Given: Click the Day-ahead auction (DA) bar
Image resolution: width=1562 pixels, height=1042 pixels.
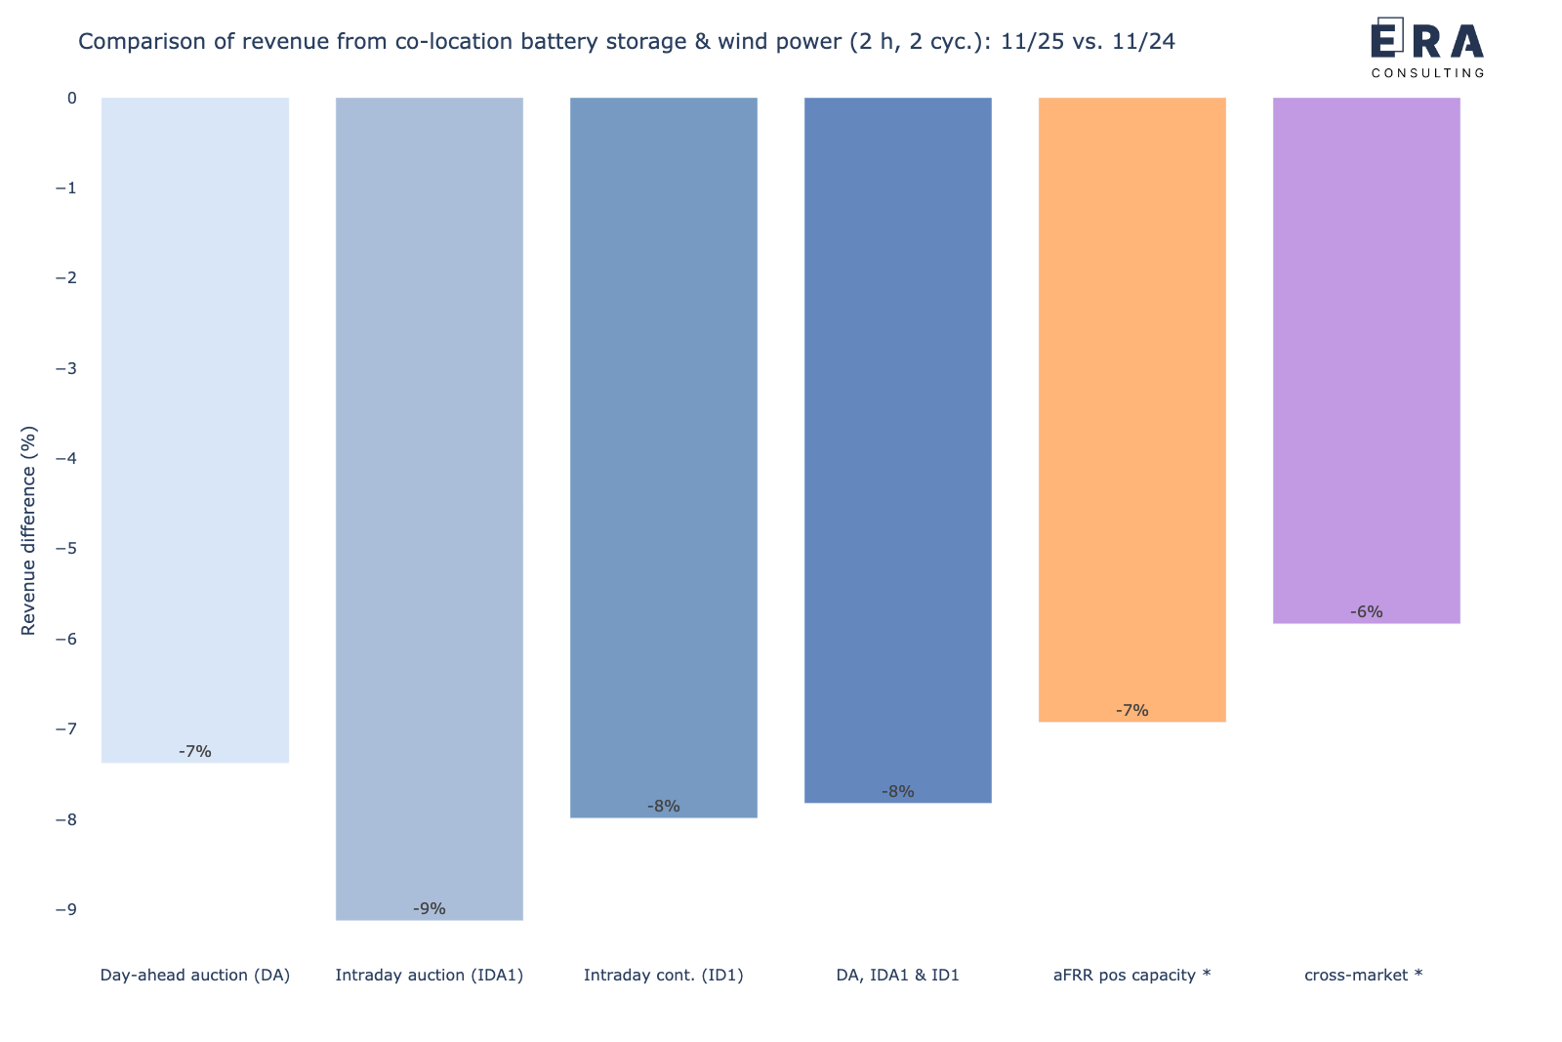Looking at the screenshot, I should click(x=195, y=430).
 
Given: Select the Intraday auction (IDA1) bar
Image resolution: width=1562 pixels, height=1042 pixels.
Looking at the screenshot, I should click(x=430, y=508).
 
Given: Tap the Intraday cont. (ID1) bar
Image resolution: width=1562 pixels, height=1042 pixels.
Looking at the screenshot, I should click(x=664, y=457).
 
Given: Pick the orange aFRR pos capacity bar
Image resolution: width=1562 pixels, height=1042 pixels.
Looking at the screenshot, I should click(x=1132, y=410).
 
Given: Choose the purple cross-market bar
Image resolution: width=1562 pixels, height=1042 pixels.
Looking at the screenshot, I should click(x=1367, y=359).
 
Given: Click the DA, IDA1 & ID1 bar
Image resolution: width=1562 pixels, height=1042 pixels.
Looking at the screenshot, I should click(x=898, y=449).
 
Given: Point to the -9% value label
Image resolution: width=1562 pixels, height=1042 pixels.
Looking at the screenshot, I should click(x=430, y=908).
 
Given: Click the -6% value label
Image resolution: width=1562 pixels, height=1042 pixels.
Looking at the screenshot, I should click(x=1367, y=612).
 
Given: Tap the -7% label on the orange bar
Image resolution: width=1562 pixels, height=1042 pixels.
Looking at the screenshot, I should click(x=1132, y=711).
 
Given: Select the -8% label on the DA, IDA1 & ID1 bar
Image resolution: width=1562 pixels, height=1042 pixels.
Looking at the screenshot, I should click(x=898, y=792).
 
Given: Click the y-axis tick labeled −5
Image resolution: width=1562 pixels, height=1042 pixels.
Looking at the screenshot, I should click(x=65, y=549).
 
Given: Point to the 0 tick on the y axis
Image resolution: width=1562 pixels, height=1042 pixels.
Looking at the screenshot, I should click(x=71, y=98).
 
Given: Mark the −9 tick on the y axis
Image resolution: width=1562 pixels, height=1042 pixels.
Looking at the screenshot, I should click(x=65, y=909).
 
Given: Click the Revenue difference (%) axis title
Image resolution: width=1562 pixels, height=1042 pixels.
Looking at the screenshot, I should click(x=28, y=530).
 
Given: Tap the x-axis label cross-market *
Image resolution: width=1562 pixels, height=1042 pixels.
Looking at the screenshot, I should click(x=1363, y=975).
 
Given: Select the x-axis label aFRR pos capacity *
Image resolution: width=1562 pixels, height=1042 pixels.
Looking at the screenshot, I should click(x=1132, y=975).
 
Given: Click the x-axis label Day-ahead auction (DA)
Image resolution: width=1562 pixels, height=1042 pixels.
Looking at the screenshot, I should click(x=195, y=975).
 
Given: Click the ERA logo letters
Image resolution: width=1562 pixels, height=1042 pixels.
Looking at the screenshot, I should click(x=1427, y=41).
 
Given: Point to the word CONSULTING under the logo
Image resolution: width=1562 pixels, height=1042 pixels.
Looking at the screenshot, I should click(x=1427, y=73).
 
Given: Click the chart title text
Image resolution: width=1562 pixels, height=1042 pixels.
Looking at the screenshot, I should click(x=626, y=42).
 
